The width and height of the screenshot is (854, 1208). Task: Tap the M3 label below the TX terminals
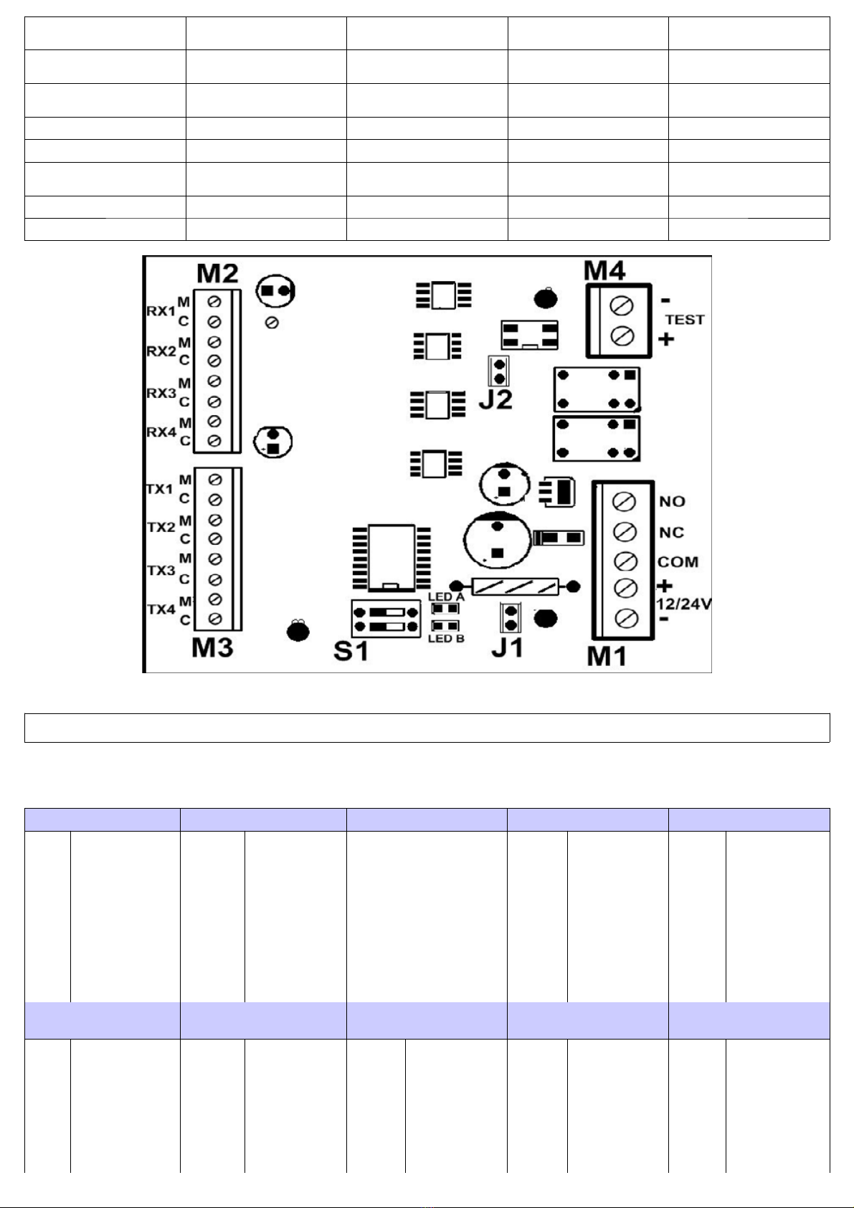tap(212, 647)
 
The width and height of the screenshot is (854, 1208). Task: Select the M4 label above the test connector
tap(604, 271)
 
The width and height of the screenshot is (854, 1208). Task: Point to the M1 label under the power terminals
tap(607, 656)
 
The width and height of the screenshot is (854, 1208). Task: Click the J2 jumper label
tap(495, 400)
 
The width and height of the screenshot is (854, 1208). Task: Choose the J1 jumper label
tap(507, 647)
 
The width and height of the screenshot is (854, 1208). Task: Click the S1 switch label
tap(351, 651)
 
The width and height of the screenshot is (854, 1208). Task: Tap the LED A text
tap(446, 597)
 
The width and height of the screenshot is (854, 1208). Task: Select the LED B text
tap(446, 639)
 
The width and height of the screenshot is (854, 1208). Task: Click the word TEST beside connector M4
tap(685, 320)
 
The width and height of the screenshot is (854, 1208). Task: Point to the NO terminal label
tap(672, 502)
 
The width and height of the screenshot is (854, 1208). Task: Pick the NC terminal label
tap(672, 533)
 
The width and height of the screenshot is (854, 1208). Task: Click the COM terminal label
tap(678, 562)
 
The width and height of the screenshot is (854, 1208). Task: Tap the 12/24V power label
tap(683, 604)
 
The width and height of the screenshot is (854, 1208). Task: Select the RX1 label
tap(161, 312)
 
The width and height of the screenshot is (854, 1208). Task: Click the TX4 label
tap(161, 609)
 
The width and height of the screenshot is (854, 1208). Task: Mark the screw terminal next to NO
tap(624, 502)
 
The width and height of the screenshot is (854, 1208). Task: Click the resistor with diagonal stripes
tap(516, 586)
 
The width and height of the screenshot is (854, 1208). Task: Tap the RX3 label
tap(161, 393)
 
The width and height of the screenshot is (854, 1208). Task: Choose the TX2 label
tap(161, 527)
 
